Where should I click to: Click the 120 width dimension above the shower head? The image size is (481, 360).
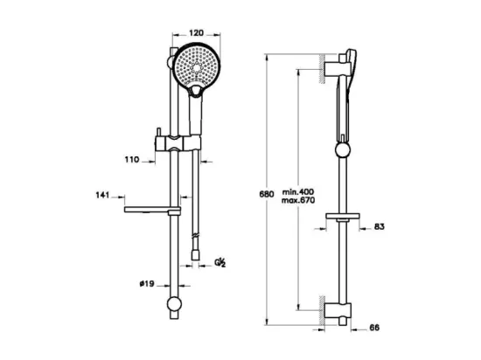coord(196,32)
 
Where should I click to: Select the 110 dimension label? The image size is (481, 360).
coord(132,159)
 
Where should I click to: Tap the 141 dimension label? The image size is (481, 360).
coord(102,195)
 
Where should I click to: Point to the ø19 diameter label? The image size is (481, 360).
coord(147,284)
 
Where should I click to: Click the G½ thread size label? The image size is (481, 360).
coord(220,262)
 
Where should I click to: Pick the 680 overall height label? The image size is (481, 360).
coord(266,194)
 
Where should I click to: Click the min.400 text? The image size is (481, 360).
coord(298,191)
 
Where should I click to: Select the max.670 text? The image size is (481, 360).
coord(298,201)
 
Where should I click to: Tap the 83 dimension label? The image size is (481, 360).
coord(380,226)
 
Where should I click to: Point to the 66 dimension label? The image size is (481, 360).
coord(374,328)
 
